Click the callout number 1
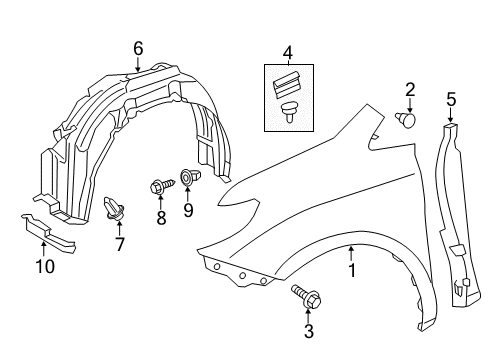tap(351, 269)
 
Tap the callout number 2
tap(410, 89)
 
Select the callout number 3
tap(309, 329)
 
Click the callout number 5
tap(450, 99)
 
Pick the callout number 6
tap(138, 47)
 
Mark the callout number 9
tap(187, 209)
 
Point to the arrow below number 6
tap(138, 65)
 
